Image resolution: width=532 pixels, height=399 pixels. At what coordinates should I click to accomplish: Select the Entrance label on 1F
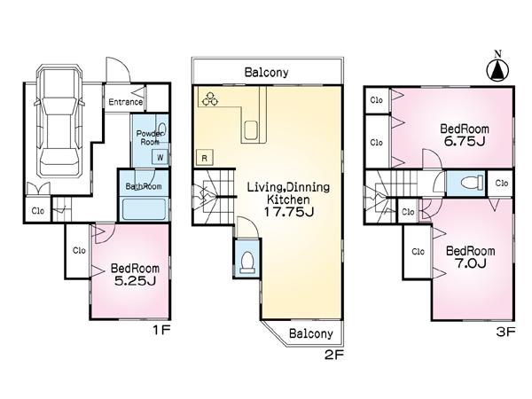pos(126,102)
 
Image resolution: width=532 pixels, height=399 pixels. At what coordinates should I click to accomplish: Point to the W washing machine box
pos(160,157)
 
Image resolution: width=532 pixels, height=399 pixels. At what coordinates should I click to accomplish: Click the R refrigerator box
pos(204,158)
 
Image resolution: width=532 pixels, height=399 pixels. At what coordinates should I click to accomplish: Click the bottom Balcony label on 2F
pos(309,333)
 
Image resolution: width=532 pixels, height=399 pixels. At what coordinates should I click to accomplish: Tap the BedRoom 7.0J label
pos(469,257)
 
